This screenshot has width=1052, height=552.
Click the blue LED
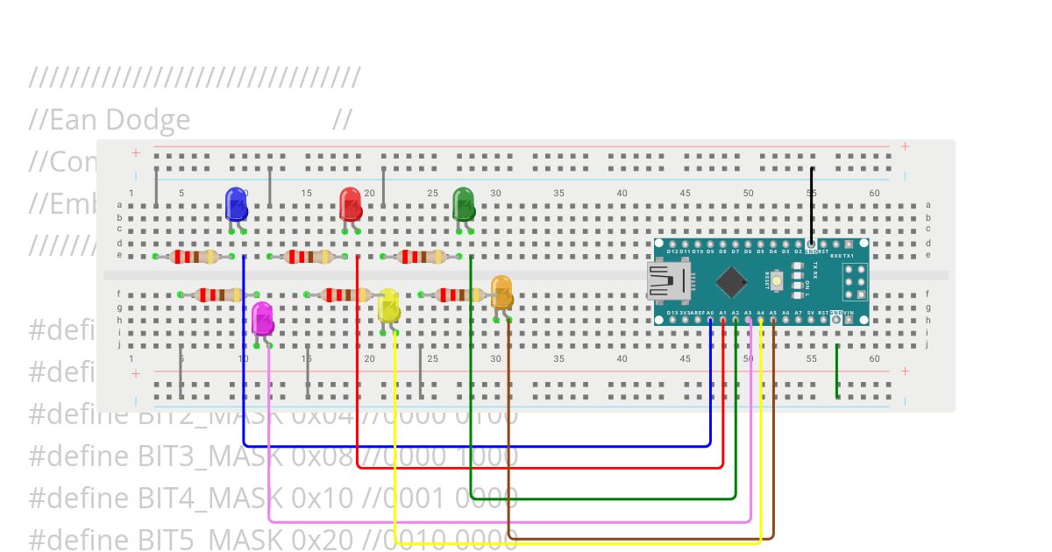(236, 203)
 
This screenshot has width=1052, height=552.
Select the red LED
(350, 203)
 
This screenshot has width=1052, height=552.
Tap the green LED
(463, 203)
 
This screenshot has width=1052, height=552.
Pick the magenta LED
(262, 317)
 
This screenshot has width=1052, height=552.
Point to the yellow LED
(388, 306)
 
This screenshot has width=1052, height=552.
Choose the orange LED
(501, 292)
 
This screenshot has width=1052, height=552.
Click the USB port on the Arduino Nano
(668, 281)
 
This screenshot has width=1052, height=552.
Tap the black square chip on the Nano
(731, 281)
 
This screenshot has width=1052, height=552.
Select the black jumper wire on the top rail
(812, 206)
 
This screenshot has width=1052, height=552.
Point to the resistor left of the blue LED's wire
(194, 257)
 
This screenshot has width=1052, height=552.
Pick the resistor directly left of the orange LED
(458, 295)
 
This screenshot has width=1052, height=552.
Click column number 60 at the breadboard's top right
(874, 193)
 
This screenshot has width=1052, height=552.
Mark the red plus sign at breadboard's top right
(905, 146)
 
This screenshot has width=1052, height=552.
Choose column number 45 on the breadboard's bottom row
(685, 358)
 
